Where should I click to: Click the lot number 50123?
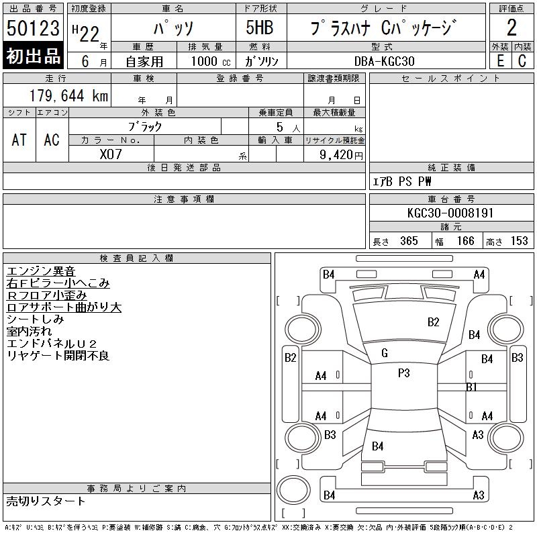[33, 29]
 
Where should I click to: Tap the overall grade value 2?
[511, 29]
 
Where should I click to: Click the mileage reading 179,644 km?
[68, 96]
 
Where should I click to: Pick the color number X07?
[111, 154]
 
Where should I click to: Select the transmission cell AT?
[19, 140]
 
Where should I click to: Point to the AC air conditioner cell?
[52, 140]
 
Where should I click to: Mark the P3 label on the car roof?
[403, 373]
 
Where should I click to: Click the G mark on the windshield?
[384, 353]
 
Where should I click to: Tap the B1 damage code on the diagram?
[471, 387]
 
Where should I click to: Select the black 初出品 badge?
[33, 56]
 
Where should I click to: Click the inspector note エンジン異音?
[41, 271]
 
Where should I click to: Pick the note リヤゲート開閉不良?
[58, 356]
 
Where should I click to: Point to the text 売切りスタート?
[46, 501]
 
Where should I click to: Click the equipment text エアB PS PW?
[402, 181]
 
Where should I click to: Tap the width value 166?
[465, 241]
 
